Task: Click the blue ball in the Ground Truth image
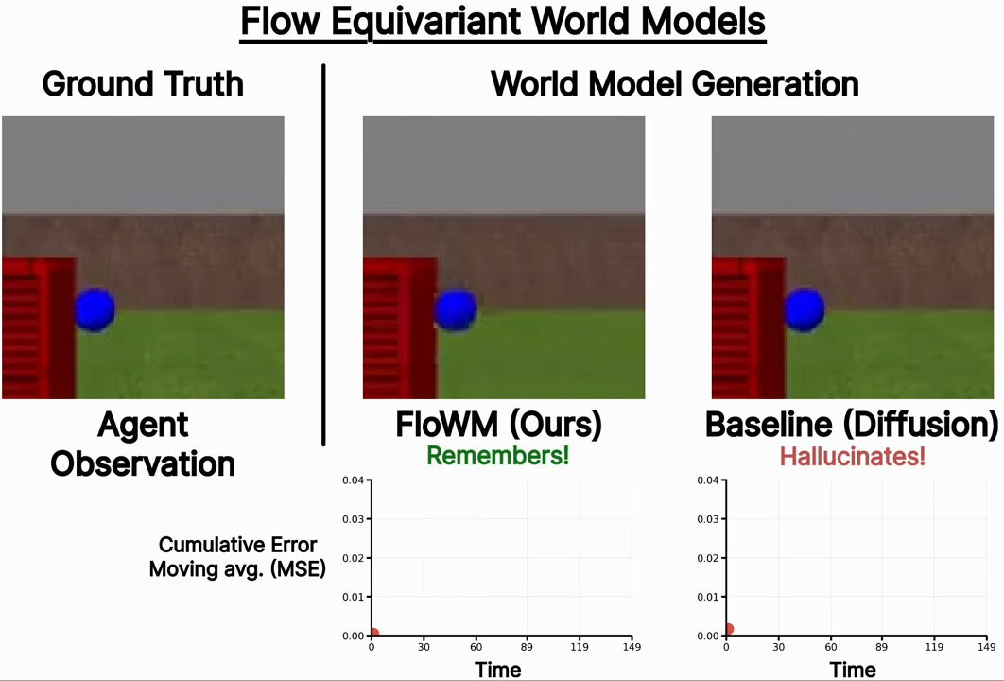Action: point(95,310)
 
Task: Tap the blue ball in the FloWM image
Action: point(456,310)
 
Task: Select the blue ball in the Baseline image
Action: point(805,308)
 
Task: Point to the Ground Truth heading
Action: point(143,84)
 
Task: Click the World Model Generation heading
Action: point(674,84)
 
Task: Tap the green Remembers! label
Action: point(497,456)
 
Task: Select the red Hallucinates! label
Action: point(852,457)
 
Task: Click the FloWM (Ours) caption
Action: point(498,426)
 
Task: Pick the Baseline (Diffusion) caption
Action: point(852,426)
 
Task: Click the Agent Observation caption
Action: point(143,445)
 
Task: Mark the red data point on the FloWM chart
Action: point(373,634)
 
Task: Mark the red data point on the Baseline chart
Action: point(727,629)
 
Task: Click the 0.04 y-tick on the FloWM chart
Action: point(352,480)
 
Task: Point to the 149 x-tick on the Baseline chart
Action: point(986,648)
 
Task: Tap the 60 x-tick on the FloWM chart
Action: point(476,648)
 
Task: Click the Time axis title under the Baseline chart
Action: point(852,670)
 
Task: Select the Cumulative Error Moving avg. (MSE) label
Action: point(237,557)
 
